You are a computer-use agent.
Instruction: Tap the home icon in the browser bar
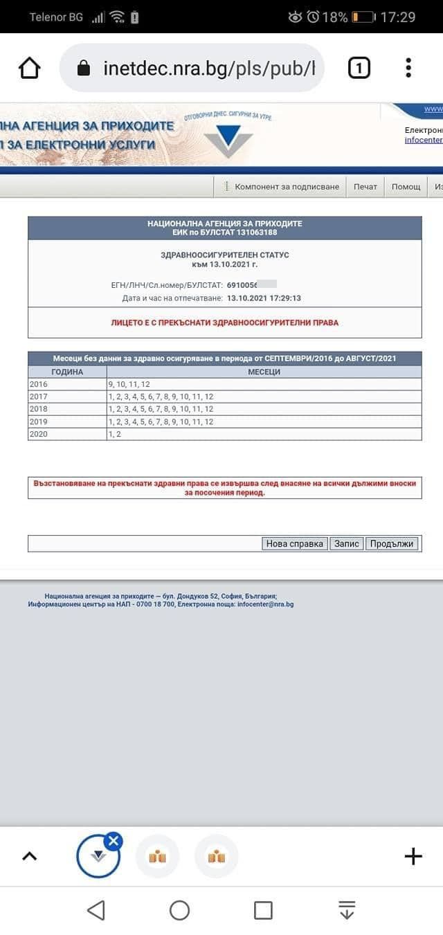point(29,68)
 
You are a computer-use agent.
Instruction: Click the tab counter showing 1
point(359,68)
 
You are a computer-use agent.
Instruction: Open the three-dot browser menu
point(408,68)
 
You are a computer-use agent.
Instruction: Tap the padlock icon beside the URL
point(84,68)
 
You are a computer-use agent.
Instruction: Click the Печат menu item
point(365,187)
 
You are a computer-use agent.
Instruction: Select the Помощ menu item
point(406,187)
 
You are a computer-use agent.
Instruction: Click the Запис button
point(347,543)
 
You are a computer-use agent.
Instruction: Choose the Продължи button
point(392,543)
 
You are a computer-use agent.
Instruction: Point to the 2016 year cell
point(38,384)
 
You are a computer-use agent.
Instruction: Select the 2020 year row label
point(38,434)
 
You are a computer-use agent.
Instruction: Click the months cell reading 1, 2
point(114,434)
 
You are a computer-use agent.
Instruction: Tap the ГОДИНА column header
point(67,372)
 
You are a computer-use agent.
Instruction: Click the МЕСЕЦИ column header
point(264,372)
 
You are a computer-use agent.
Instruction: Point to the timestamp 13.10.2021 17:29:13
point(264,298)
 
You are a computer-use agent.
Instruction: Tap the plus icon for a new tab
point(413,856)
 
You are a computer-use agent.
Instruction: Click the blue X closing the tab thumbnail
point(114,841)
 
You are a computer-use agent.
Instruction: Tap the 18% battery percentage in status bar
point(335,17)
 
